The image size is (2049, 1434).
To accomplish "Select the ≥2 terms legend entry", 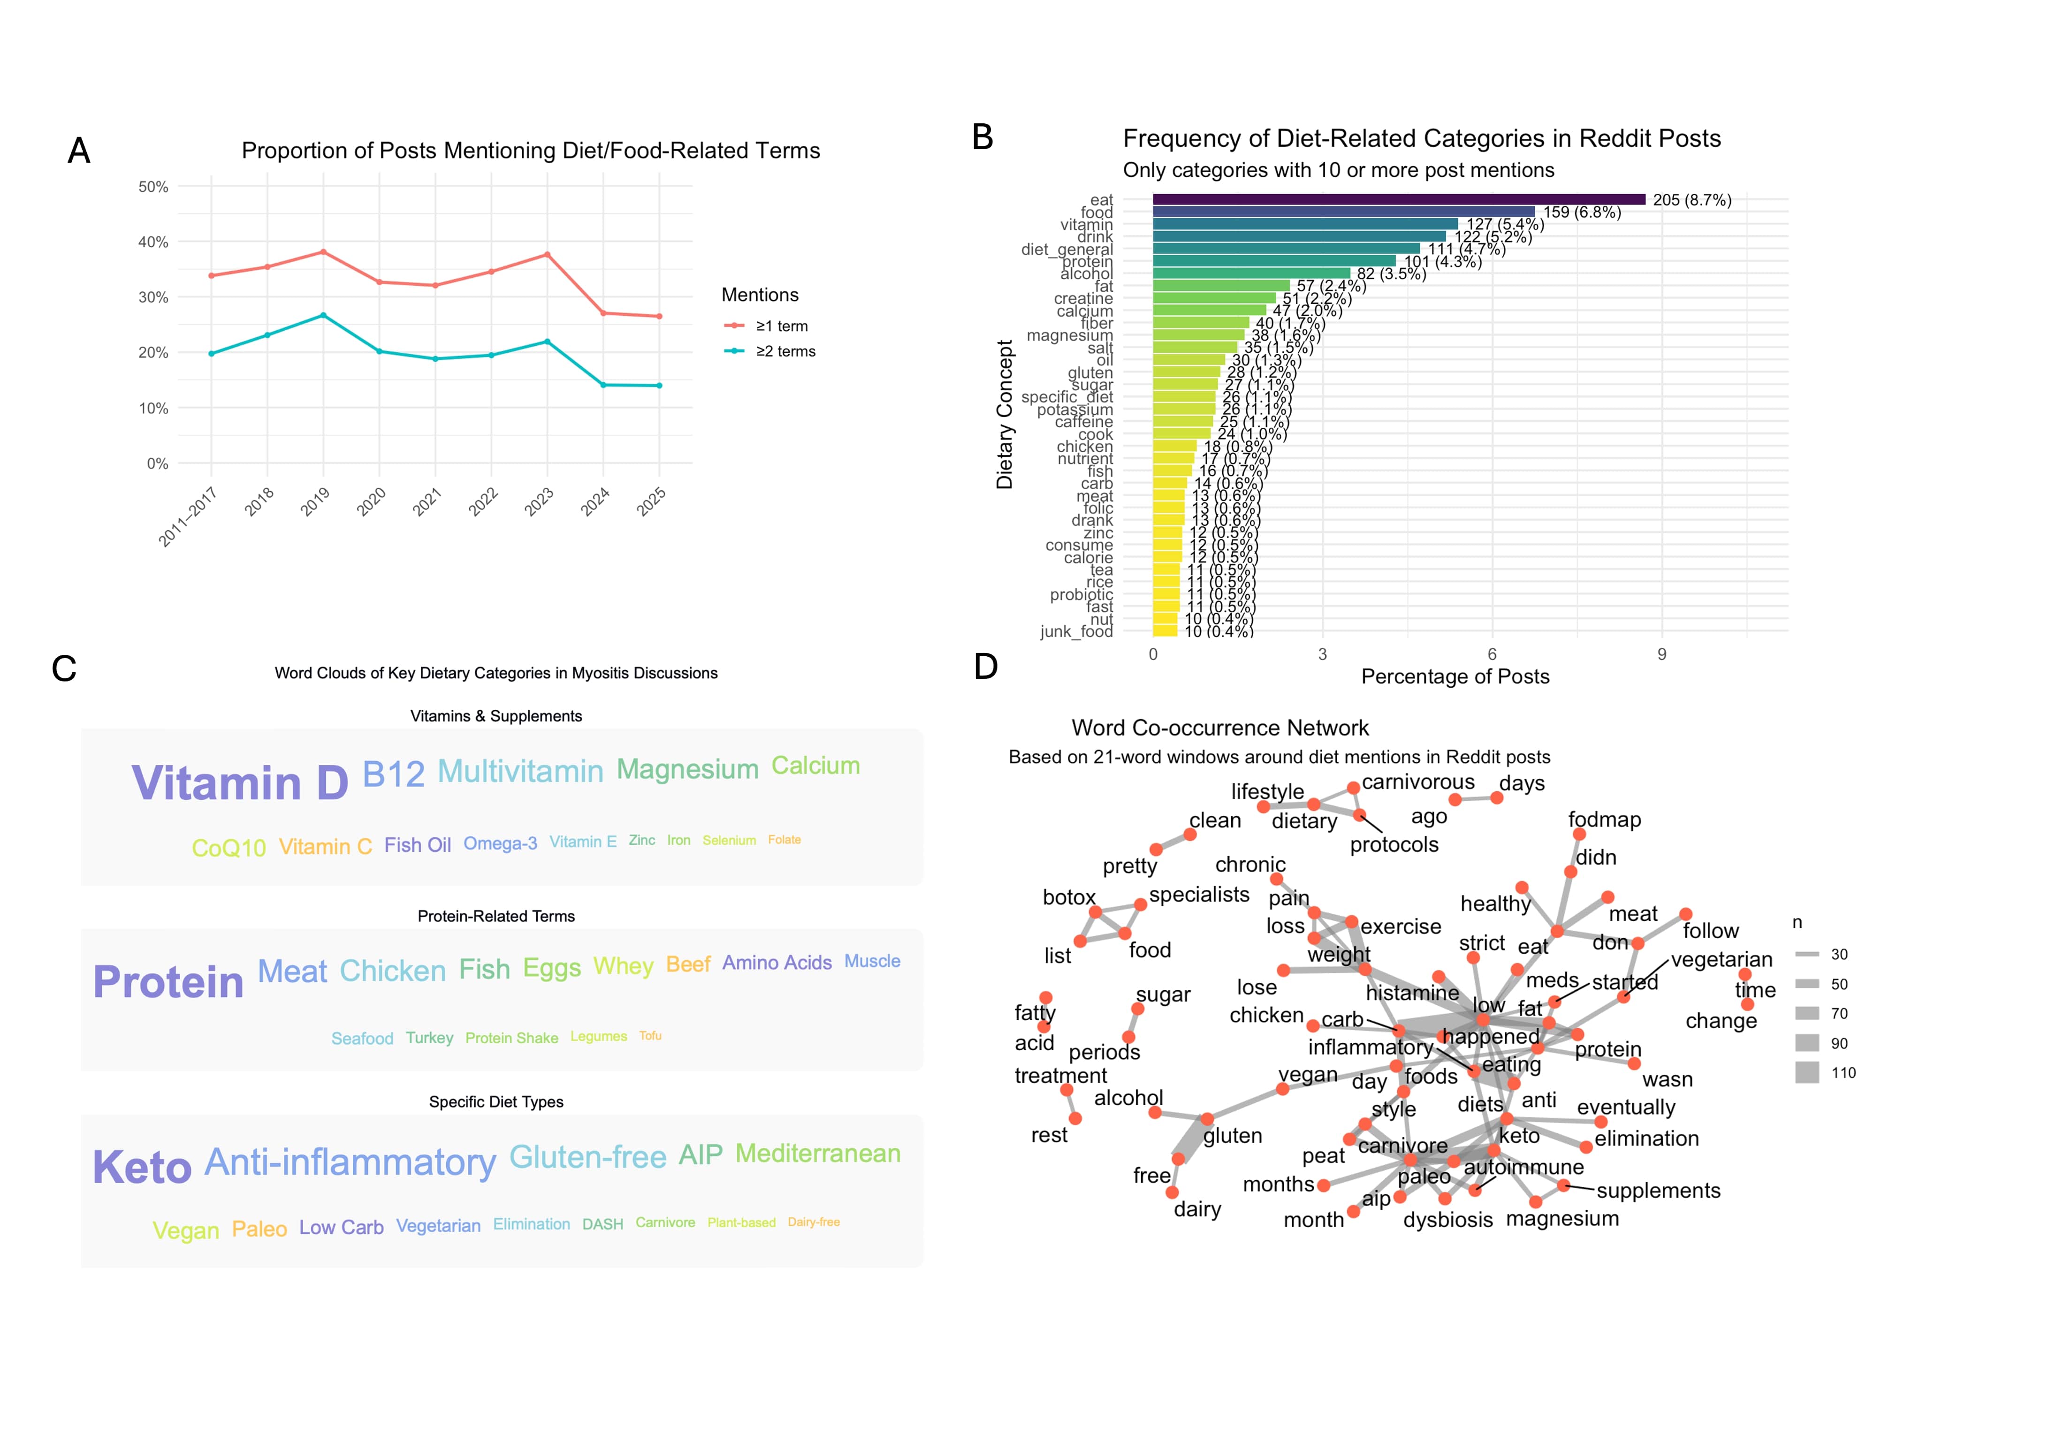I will coord(785,352).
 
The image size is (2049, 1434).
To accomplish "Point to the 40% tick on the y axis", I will coord(153,242).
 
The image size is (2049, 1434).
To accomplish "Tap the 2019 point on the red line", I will coord(323,251).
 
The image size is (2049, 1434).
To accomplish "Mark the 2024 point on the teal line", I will coord(603,385).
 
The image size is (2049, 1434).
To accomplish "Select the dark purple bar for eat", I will coord(1398,200).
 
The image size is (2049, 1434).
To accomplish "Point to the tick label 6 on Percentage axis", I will coord(1492,654).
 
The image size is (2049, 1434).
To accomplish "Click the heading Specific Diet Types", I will coord(496,1102).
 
